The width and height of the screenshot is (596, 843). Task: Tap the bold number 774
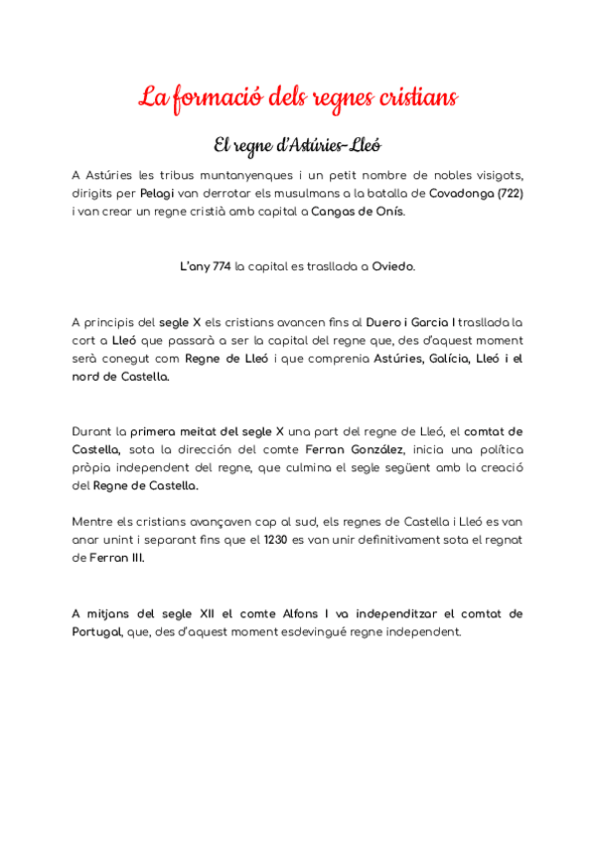(223, 266)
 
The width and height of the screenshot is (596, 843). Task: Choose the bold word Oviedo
(393, 266)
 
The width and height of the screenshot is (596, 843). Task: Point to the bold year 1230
(276, 540)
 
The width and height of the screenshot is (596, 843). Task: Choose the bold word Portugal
(97, 632)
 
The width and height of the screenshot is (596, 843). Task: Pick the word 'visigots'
(494, 175)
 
